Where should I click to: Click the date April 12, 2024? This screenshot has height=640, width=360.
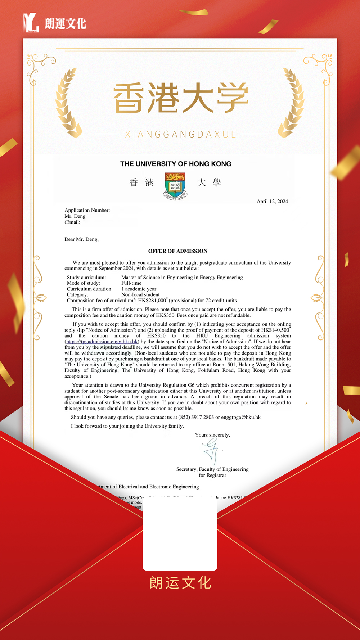[x=272, y=202]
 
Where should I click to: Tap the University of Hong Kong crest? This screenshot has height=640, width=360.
[x=175, y=186]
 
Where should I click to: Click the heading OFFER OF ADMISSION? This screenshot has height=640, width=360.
[x=178, y=251]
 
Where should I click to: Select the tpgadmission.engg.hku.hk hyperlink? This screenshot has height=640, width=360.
[x=102, y=342]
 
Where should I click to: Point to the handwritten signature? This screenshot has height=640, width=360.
[x=211, y=451]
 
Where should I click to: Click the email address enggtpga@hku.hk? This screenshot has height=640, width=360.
[x=241, y=417]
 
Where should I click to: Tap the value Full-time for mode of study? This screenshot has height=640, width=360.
[x=131, y=283]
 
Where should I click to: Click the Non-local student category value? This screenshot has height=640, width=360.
[x=140, y=295]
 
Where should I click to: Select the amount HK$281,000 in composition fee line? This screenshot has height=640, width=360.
[x=152, y=301]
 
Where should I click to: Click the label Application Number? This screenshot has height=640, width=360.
[x=87, y=210]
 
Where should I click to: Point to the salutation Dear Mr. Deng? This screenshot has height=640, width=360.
[x=81, y=239]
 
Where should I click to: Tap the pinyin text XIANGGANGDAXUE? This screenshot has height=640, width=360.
[x=180, y=135]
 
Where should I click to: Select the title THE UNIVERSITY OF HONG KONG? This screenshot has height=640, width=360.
[x=176, y=164]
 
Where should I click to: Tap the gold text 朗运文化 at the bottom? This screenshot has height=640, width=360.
[x=180, y=583]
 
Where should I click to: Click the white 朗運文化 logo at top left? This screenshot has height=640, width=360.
[x=55, y=23]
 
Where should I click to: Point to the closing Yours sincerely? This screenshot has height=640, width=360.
[x=212, y=435]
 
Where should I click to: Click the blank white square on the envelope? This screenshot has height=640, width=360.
[x=180, y=535]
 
